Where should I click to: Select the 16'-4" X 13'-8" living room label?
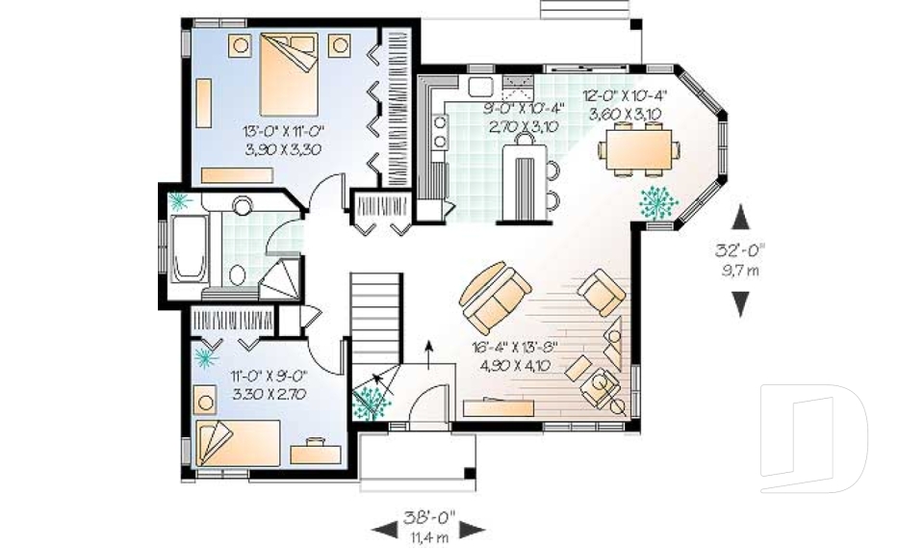(x=514, y=355)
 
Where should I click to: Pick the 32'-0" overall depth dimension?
(x=739, y=259)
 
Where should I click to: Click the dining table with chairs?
(x=639, y=149)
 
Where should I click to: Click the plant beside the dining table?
(x=660, y=199)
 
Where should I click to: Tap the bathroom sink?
(x=243, y=205)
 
